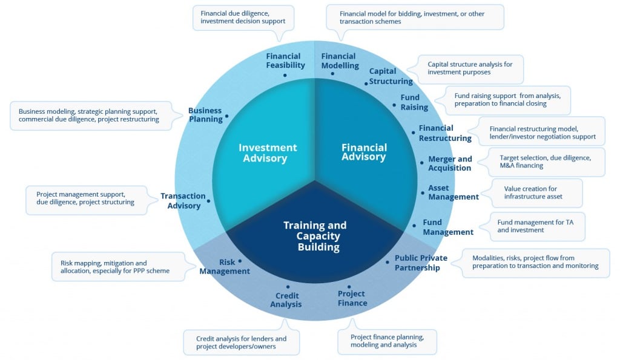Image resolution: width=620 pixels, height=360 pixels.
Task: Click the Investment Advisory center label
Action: (x=268, y=153)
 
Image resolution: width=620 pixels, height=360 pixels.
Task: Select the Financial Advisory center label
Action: (x=364, y=152)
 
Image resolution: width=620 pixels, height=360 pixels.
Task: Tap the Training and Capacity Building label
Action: (x=315, y=236)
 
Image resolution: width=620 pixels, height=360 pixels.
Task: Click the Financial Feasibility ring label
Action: (x=285, y=61)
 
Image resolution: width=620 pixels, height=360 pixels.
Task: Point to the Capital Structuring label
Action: (x=391, y=76)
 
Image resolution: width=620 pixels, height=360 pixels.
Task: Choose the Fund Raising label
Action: (x=414, y=102)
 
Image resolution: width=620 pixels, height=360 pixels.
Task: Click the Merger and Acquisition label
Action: (x=450, y=163)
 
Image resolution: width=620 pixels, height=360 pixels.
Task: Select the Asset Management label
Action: (x=453, y=192)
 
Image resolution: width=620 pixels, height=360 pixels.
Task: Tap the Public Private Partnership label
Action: (x=421, y=263)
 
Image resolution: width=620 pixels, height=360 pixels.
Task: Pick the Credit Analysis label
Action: (x=286, y=300)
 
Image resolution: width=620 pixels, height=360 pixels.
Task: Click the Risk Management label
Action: (x=225, y=267)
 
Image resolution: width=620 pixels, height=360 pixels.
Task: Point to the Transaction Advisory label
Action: (x=183, y=201)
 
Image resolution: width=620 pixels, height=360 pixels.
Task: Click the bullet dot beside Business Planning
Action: (x=226, y=116)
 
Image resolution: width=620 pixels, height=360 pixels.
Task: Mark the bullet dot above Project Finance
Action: (x=349, y=287)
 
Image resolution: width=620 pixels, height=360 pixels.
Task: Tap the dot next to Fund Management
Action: (x=414, y=226)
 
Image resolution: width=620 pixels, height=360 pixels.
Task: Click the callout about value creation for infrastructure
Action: (x=536, y=193)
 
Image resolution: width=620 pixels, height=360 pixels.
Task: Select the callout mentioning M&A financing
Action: (x=546, y=162)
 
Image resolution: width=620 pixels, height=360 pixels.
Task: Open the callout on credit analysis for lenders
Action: (x=241, y=342)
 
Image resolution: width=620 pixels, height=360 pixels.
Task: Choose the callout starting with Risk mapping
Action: (x=118, y=267)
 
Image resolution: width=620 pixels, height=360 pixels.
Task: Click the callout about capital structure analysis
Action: (x=470, y=69)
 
